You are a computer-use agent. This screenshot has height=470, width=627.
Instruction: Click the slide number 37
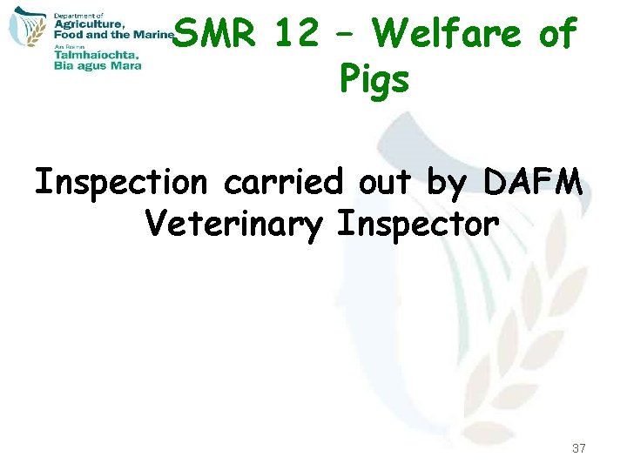[579, 449]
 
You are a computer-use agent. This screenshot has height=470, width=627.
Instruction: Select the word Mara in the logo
[125, 64]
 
